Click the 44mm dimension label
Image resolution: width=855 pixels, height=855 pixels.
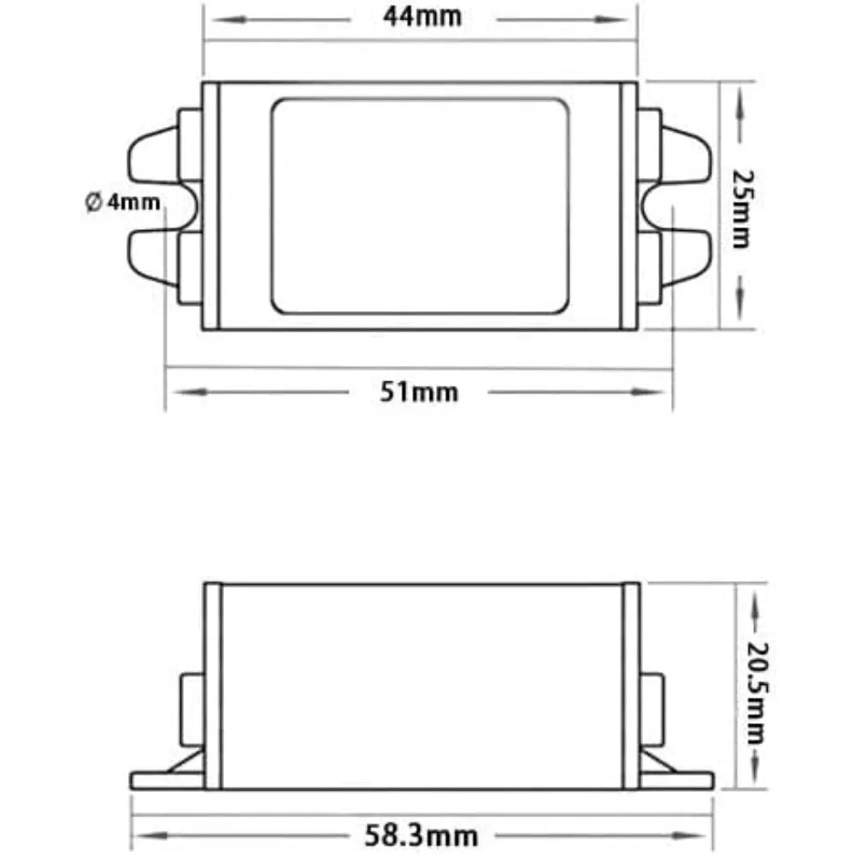(x=422, y=16)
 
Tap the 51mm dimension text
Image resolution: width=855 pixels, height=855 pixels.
(x=419, y=392)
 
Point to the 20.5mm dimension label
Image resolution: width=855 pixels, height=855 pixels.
(x=758, y=693)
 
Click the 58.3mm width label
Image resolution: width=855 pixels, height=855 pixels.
(x=421, y=834)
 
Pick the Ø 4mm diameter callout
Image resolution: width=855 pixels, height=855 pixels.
(x=122, y=203)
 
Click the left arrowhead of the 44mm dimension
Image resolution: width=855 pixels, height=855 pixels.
(x=229, y=21)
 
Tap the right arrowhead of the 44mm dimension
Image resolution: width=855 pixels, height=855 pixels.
(x=610, y=21)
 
